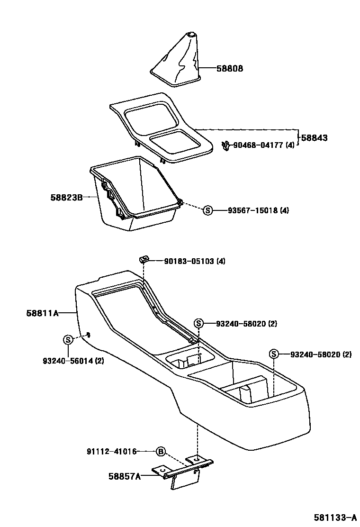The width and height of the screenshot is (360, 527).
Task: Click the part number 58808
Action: [x=230, y=68]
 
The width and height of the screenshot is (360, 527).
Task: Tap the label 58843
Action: [x=314, y=138]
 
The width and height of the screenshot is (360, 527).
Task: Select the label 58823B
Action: [x=67, y=197]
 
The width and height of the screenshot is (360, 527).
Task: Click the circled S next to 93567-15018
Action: [x=207, y=210]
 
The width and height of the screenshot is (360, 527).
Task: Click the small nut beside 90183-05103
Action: [x=143, y=258]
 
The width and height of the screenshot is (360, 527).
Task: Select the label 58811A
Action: [x=42, y=313]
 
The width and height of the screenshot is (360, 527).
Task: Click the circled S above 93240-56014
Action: [x=68, y=339]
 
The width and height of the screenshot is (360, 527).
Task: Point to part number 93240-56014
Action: [x=73, y=360]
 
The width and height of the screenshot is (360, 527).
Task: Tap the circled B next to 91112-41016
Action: [x=161, y=451]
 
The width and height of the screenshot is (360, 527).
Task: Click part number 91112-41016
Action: [x=111, y=451]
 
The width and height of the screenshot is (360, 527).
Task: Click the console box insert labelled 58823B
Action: [x=135, y=194]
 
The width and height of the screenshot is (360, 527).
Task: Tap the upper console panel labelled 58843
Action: [x=161, y=128]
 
